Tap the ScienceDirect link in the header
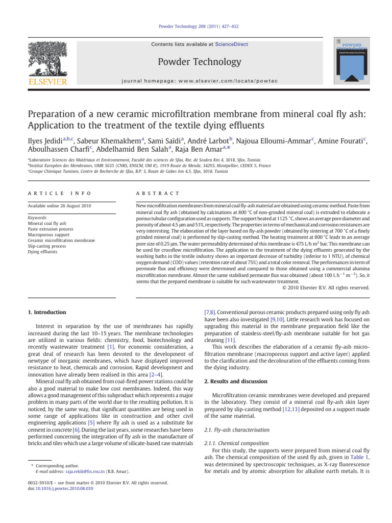(231, 44)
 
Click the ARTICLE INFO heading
(51, 194)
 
